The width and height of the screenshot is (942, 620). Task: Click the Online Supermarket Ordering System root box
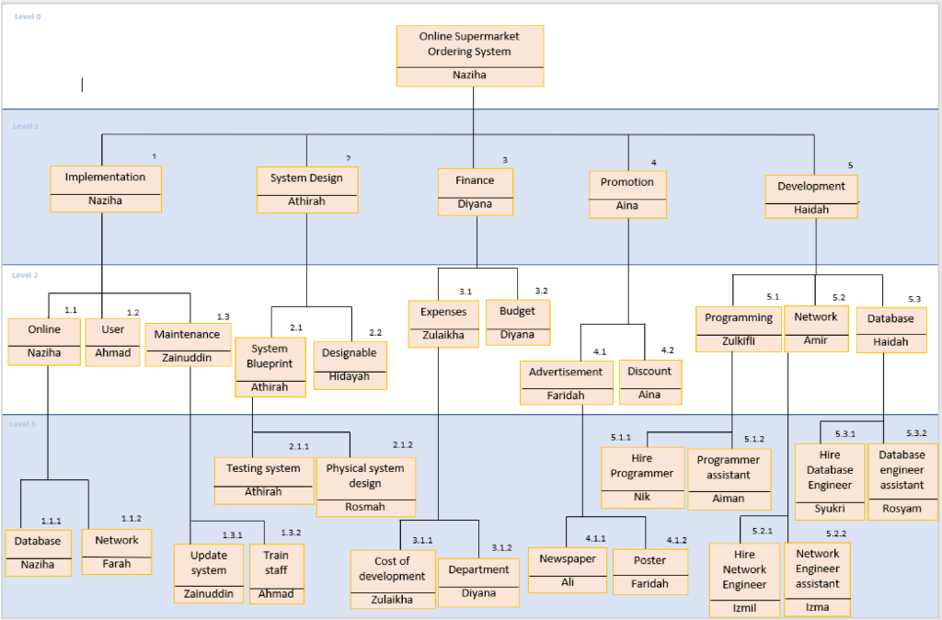[x=469, y=55]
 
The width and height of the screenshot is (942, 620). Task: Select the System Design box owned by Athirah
[x=306, y=189]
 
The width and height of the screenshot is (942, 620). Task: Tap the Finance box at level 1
[x=475, y=191]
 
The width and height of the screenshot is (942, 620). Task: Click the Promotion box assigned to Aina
[x=627, y=194]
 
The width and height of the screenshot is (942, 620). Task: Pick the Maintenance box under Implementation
[x=187, y=344]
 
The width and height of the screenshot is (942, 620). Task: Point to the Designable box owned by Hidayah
[x=350, y=364]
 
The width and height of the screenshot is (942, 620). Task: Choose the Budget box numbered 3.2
[x=517, y=322]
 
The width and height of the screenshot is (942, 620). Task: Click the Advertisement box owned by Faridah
[x=566, y=383]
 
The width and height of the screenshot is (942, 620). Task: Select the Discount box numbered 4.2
[x=649, y=382]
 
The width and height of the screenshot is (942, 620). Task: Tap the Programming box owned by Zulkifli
[x=739, y=328]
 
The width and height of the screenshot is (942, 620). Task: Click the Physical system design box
[x=365, y=486]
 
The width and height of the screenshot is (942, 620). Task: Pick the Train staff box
[x=276, y=573]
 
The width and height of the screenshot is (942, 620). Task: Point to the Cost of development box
[x=393, y=579]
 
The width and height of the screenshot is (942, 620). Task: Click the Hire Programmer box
[x=641, y=476]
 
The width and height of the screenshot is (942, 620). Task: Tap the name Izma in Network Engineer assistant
[x=817, y=607]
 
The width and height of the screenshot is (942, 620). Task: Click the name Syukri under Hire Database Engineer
[x=830, y=509]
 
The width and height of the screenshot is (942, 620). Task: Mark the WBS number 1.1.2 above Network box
[x=132, y=519]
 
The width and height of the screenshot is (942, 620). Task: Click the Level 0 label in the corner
[x=28, y=17]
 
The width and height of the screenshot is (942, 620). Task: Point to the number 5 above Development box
[x=850, y=165]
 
